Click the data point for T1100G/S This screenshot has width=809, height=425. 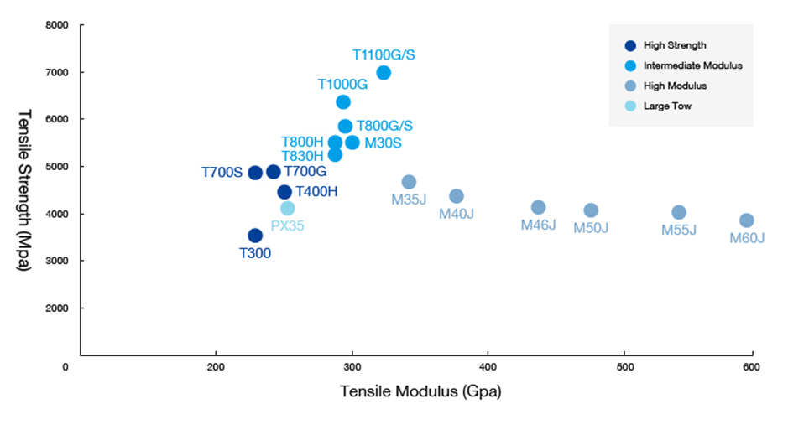click(x=384, y=73)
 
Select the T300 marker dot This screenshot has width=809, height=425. click(x=255, y=236)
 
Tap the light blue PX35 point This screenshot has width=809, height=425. click(x=288, y=208)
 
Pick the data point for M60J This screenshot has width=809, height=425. click(x=746, y=220)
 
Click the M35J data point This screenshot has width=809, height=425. click(x=409, y=182)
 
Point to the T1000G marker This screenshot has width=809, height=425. click(x=343, y=102)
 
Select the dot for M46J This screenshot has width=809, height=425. click(x=538, y=207)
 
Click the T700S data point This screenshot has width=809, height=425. click(x=255, y=173)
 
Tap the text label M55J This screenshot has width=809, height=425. click(x=678, y=230)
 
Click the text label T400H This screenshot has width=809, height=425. click(x=316, y=191)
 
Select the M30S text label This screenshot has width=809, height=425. click(x=383, y=143)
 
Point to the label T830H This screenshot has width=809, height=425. click(x=302, y=156)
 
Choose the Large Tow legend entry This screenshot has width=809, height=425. click(x=666, y=106)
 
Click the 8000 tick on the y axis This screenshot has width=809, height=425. click(x=56, y=26)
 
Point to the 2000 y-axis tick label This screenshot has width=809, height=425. click(x=56, y=308)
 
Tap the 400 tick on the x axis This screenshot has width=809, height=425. click(x=488, y=366)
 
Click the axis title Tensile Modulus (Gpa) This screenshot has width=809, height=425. click(x=420, y=391)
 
